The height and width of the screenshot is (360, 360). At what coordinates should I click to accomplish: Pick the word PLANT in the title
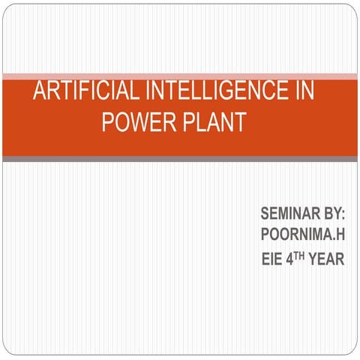click(214, 121)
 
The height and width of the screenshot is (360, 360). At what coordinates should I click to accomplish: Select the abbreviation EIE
click(271, 259)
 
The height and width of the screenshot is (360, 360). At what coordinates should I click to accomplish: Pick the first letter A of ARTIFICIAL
click(40, 91)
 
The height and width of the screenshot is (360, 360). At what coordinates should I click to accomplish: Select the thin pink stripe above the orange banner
click(180, 76)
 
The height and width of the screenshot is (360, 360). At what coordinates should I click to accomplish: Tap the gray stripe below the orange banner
click(180, 159)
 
